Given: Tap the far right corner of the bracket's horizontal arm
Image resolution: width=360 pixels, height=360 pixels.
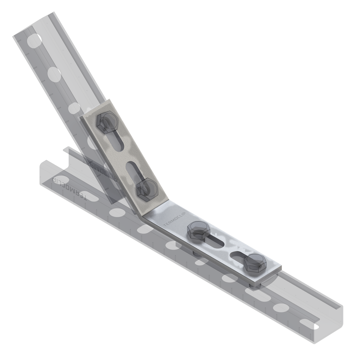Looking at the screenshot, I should (282, 267).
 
